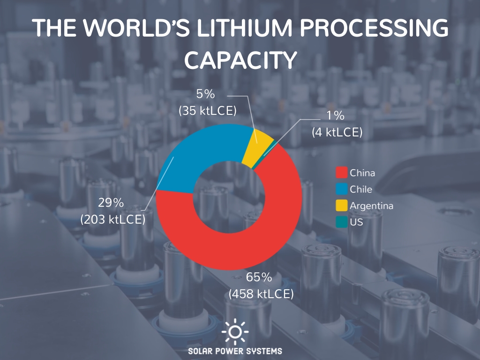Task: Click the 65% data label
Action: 259,277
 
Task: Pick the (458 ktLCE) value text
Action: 261,294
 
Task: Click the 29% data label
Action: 111,202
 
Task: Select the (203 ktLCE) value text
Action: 112,219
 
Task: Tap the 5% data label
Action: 205,94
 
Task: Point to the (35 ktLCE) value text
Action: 207,111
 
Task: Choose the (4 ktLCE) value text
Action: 337,132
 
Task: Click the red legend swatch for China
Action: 342,173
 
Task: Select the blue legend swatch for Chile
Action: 342,189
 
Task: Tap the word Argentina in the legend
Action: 371,206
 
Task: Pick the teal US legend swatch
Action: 342,222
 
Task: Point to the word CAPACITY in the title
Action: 240,60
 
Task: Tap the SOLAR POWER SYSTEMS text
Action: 235,351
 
